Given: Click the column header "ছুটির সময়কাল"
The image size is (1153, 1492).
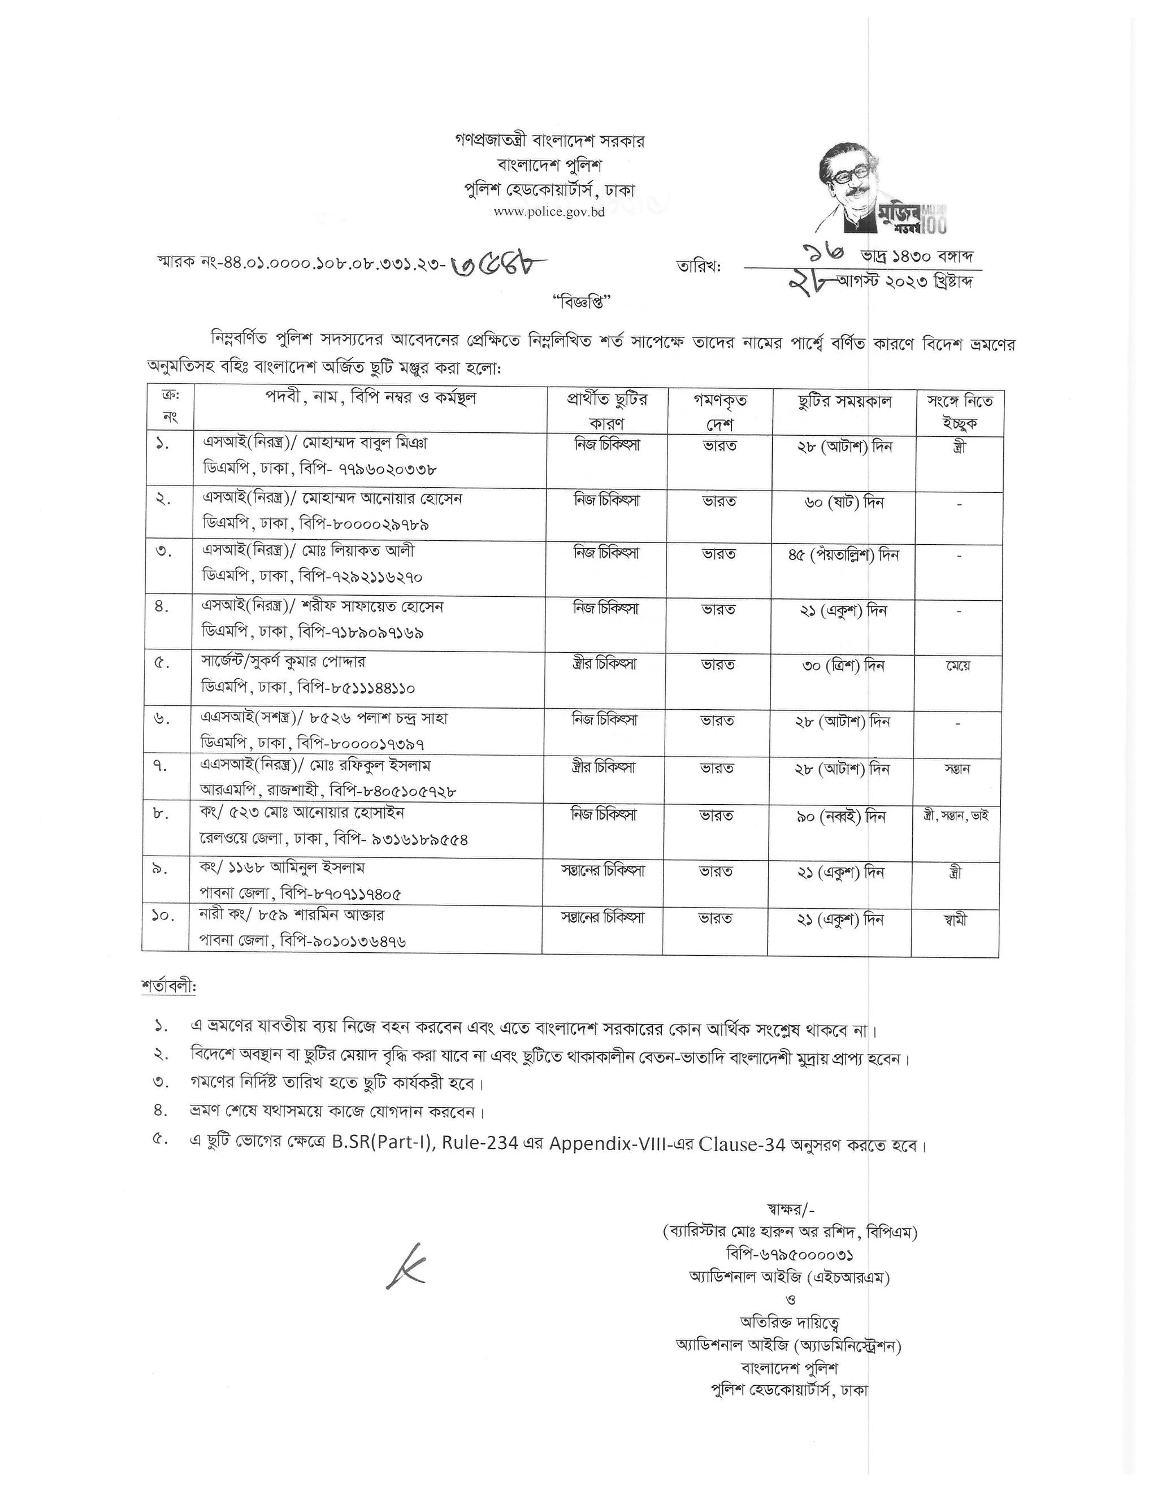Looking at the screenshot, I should click(844, 401).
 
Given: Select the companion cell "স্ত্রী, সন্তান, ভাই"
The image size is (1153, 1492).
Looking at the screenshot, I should click(956, 816).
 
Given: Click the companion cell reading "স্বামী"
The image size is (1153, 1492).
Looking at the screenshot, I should click(956, 920).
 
